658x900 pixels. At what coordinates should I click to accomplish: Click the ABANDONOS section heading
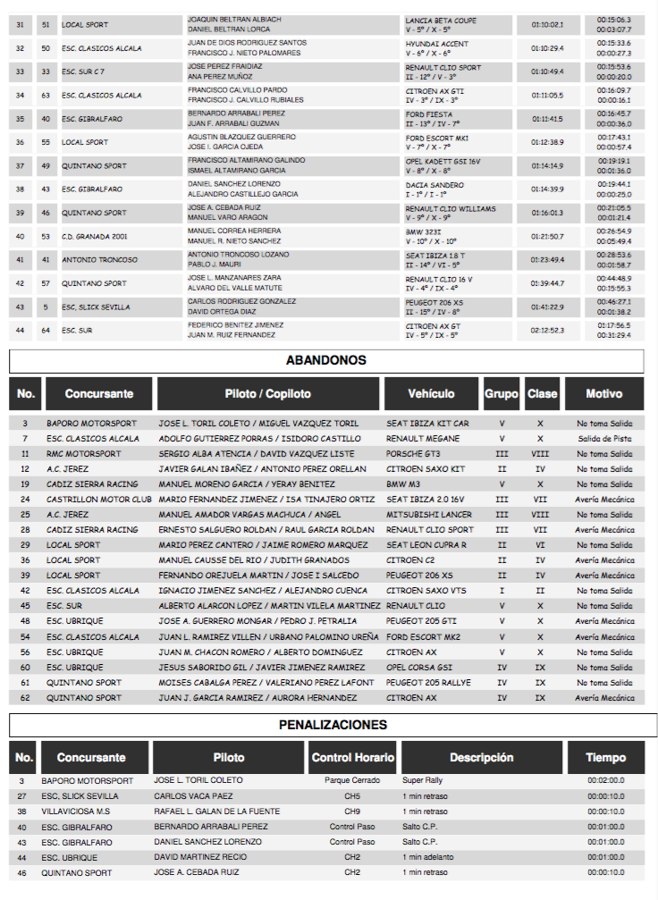click(326, 360)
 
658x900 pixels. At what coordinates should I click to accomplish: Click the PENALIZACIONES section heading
click(332, 724)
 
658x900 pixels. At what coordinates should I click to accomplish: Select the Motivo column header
click(604, 393)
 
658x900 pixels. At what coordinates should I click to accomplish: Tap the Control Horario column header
click(353, 757)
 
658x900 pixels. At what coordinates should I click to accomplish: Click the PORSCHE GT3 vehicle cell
click(415, 454)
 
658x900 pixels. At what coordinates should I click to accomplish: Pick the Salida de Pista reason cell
click(604, 439)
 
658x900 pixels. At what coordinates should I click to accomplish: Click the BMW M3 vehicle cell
click(403, 484)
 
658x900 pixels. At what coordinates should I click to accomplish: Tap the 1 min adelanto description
click(428, 857)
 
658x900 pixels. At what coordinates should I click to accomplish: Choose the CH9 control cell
click(352, 811)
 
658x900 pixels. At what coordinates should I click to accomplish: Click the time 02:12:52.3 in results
click(547, 331)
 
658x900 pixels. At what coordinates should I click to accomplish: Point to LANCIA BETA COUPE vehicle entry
click(441, 21)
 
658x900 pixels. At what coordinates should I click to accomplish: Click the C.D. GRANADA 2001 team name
click(95, 236)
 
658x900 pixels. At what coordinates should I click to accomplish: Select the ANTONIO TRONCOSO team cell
click(100, 260)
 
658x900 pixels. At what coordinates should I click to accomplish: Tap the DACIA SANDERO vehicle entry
click(434, 185)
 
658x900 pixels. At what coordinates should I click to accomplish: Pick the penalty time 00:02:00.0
click(606, 780)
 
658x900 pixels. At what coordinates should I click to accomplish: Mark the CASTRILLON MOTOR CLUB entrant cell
click(99, 500)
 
